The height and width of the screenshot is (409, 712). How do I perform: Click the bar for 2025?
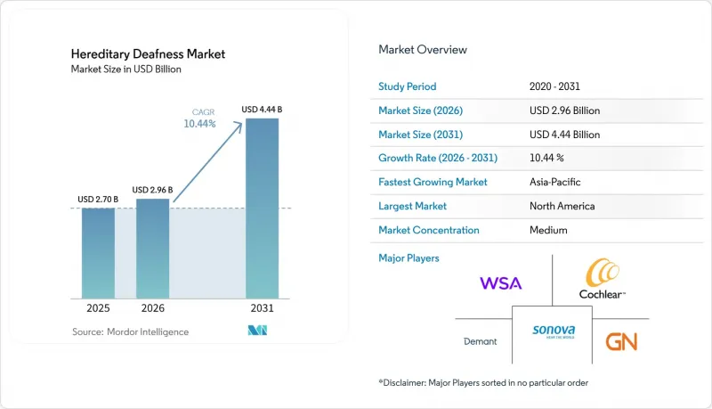98,253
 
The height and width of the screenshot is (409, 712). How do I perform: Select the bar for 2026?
152,249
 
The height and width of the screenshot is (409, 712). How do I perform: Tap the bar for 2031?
262,209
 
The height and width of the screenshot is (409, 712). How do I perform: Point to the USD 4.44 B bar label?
262,110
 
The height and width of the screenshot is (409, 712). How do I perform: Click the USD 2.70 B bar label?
98,199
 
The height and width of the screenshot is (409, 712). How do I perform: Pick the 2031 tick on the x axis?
262,308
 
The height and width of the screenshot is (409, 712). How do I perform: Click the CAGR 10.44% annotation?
199,119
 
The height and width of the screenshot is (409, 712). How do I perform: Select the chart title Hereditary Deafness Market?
148,54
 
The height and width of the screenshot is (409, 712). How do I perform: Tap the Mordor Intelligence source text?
130,331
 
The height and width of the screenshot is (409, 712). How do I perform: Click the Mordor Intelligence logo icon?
257,331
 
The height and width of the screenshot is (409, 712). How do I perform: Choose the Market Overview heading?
423,50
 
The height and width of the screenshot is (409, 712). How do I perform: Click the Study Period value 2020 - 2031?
554,86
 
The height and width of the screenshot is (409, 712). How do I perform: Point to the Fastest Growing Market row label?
433,182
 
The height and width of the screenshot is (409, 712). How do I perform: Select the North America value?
562,206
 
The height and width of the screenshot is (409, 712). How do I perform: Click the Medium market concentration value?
548,230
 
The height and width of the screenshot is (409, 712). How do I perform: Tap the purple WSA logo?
501,283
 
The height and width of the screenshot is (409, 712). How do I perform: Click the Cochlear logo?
603,279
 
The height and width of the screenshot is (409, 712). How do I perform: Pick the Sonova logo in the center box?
554,331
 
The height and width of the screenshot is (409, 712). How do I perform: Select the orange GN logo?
621,342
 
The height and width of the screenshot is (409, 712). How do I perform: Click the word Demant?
480,341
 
